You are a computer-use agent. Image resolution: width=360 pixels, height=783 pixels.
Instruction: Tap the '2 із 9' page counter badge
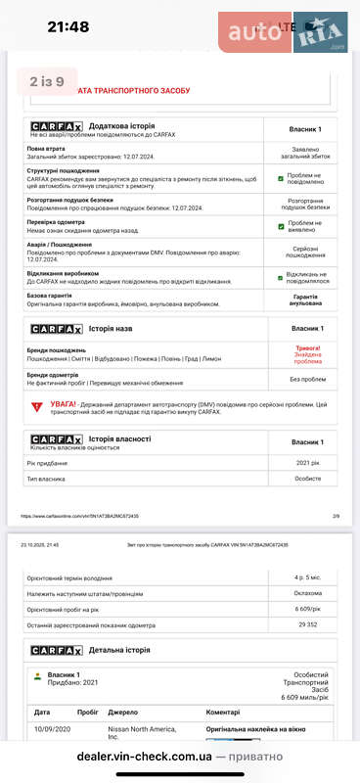[47, 81]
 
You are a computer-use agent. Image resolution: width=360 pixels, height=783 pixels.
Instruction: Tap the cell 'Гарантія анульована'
[306, 300]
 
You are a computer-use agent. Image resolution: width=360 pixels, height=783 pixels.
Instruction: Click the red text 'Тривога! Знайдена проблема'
[307, 354]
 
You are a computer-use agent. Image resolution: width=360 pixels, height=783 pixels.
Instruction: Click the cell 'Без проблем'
[307, 379]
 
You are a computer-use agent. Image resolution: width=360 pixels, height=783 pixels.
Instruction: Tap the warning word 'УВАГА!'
[65, 402]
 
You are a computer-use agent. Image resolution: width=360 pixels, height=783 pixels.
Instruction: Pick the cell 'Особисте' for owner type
[307, 480]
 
